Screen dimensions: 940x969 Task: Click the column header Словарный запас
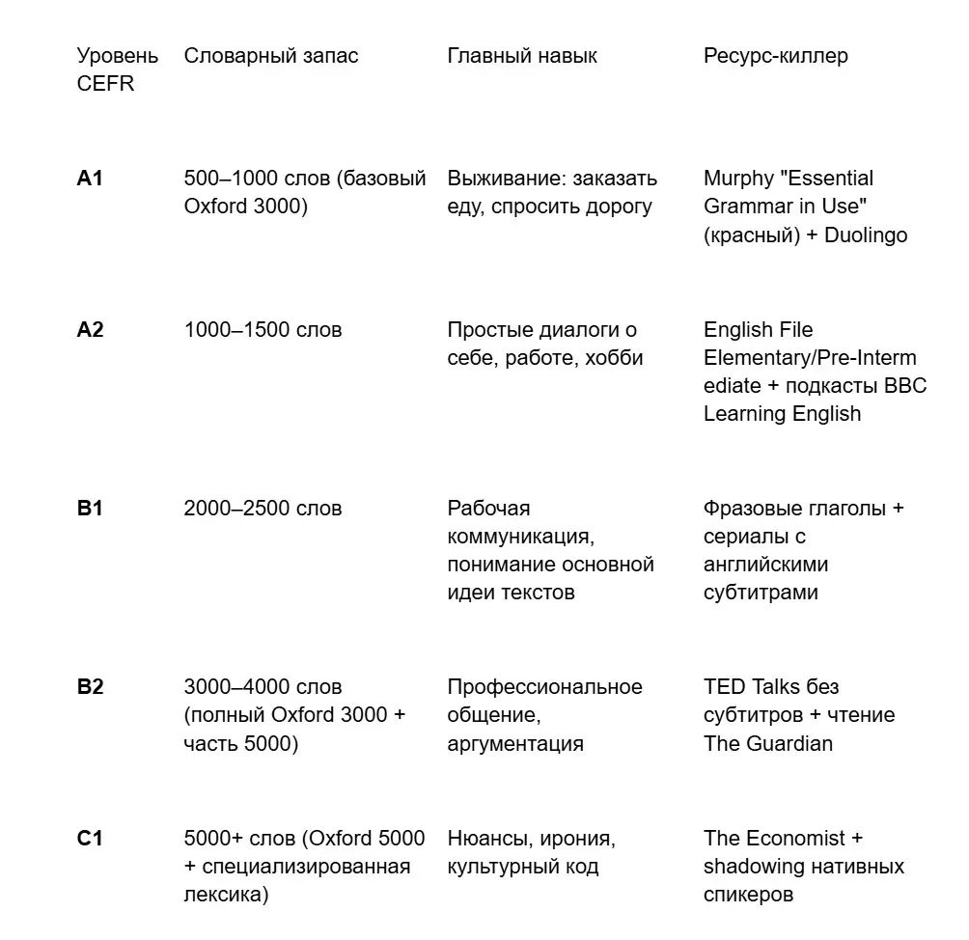tap(270, 56)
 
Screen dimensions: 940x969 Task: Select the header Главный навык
tap(521, 56)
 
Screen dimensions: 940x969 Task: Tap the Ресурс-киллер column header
tap(776, 56)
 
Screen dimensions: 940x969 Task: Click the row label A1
tap(90, 179)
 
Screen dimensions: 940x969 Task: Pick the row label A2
tap(90, 330)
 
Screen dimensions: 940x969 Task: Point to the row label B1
tap(90, 509)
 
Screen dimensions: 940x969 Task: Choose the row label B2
tap(90, 687)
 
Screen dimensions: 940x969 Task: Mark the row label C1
tap(90, 839)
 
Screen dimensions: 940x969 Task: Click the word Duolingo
tap(866, 235)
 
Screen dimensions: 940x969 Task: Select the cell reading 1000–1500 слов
tap(263, 330)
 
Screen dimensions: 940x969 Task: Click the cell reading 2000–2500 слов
tap(263, 509)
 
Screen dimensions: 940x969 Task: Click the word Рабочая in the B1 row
tap(488, 509)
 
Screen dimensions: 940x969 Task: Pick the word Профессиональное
tap(544, 687)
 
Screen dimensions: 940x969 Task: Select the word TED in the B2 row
tap(724, 687)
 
